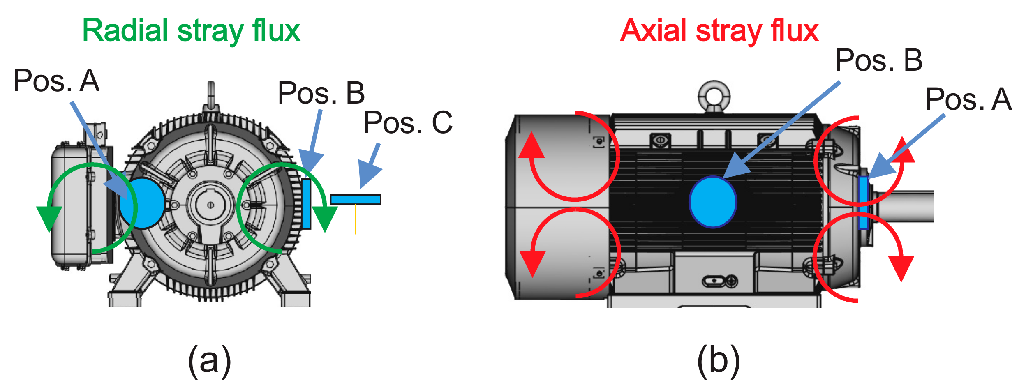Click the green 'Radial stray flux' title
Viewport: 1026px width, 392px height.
point(191,31)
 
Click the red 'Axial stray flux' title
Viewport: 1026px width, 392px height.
point(719,31)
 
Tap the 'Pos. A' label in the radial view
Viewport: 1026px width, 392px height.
point(56,81)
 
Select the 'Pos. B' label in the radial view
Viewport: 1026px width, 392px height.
point(321,93)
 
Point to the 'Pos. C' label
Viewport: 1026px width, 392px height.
point(408,123)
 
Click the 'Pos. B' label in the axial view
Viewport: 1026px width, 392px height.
point(879,60)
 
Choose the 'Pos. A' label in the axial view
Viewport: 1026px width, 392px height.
point(968,100)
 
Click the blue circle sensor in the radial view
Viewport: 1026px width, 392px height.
point(142,203)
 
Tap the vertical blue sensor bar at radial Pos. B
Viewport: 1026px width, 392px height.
point(306,203)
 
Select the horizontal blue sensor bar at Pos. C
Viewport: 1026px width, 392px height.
point(356,200)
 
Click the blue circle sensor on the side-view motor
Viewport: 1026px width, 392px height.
point(713,202)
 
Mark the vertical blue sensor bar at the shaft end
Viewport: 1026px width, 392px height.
point(863,203)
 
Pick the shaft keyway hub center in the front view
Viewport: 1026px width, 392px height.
point(210,204)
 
